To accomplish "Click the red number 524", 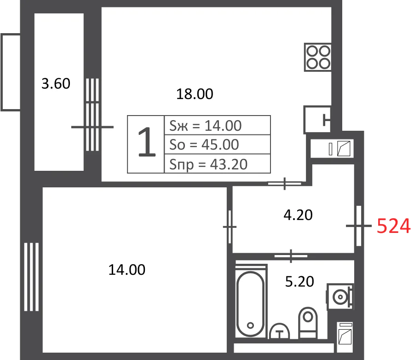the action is point(393,226).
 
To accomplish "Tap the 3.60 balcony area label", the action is point(56,83).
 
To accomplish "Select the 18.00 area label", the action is point(195,94).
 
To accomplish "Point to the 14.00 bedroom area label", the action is point(127,270).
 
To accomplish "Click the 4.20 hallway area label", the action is point(298,215).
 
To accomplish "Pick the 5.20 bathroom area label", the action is point(299,281).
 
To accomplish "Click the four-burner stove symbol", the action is point(318,57).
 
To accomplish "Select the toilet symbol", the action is point(308,323).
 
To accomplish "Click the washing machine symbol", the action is point(340,297).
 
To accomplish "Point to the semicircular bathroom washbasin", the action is point(279,331).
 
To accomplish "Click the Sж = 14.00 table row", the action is point(217,125).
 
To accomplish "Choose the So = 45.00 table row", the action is point(217,144).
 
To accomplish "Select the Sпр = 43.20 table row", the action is point(217,163).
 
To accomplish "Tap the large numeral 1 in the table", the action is point(147,142).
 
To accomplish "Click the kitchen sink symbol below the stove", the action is point(317,120).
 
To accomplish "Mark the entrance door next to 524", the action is point(358,226).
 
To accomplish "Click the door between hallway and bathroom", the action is point(291,256).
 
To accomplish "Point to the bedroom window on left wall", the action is point(31,277).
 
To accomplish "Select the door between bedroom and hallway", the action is point(230,227).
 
